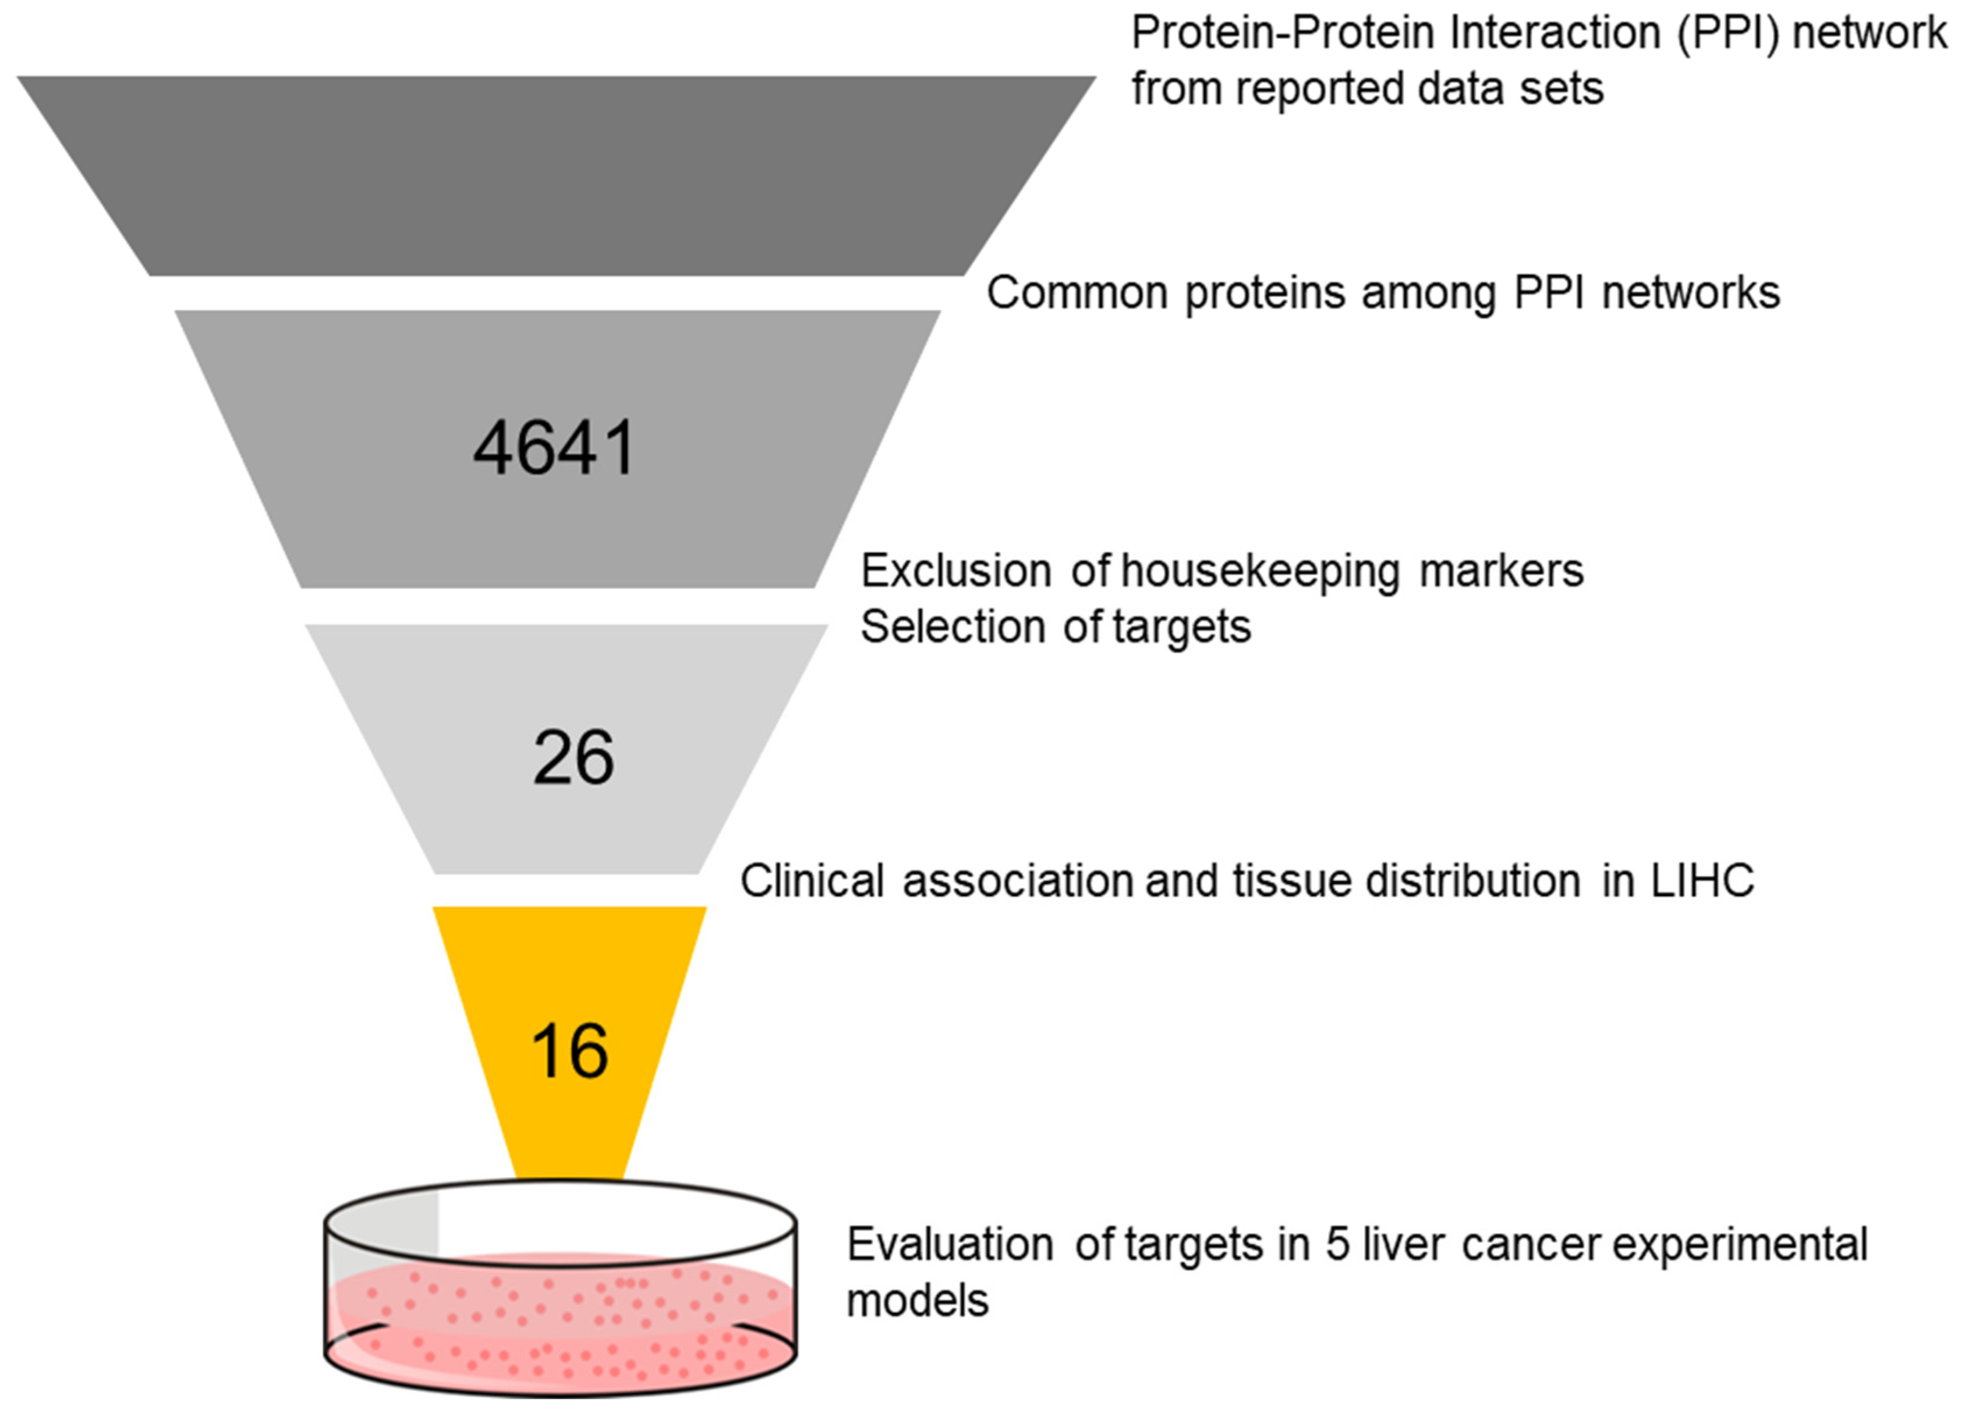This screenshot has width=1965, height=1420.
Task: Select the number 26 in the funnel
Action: point(573,758)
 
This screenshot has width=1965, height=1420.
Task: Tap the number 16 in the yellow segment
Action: point(569,1051)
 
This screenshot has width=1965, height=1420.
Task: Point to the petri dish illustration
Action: point(561,1290)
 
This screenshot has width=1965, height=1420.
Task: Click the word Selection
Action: point(951,626)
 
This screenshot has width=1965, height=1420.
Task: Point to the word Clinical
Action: point(812,881)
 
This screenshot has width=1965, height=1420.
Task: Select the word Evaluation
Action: point(950,1245)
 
